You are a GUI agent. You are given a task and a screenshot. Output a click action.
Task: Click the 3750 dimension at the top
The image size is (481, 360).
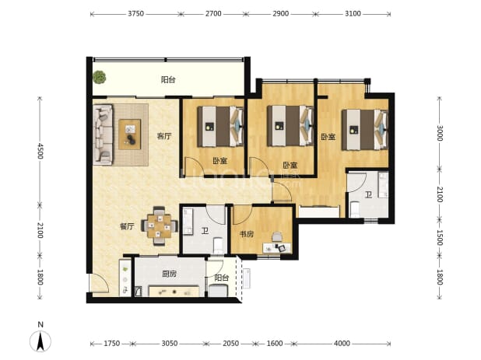136,14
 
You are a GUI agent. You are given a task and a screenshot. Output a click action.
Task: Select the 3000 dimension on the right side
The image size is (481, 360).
440,133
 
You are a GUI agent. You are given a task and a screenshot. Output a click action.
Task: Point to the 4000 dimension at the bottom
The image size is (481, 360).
342,343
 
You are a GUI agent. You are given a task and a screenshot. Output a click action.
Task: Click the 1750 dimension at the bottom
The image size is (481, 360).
111,343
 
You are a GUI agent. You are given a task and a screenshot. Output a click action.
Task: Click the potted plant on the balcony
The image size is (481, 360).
100,77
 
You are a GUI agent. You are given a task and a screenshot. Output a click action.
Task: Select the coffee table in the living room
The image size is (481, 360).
130,135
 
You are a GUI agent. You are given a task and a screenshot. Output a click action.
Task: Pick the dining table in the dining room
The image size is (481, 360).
159,226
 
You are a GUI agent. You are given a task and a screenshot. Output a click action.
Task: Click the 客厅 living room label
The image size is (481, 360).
164,136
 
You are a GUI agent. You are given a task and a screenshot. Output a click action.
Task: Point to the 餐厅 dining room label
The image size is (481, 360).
127,226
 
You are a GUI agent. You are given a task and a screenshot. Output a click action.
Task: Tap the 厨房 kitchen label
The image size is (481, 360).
170,274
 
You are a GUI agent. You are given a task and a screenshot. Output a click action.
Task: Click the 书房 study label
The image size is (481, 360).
247,234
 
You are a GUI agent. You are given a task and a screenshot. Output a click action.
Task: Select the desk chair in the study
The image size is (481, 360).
277,237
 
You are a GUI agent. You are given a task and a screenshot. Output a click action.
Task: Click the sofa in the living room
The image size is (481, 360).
103,135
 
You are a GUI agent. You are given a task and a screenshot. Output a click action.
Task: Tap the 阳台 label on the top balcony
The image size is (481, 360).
168,80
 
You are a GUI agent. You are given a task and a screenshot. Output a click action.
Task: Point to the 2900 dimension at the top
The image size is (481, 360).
281,14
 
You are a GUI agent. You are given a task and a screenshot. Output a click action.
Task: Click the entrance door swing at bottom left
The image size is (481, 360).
99,283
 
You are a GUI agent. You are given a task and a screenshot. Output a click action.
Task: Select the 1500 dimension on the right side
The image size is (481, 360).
440,238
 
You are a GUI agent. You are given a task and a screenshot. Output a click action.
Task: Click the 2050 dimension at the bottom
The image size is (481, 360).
230,343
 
